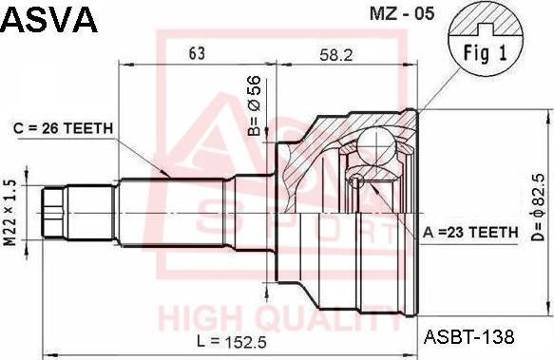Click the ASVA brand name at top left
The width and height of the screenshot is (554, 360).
point(49,20)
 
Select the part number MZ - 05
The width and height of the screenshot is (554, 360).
point(402,14)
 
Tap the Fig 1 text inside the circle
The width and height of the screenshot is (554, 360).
point(485,53)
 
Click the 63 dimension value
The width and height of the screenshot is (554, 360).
point(197,53)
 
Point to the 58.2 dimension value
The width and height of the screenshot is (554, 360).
point(336,55)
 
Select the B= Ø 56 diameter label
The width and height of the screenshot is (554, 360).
point(255,105)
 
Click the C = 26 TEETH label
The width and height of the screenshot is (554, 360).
point(64,128)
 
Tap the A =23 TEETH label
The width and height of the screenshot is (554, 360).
point(470,232)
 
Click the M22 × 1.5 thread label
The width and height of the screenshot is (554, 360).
point(10,213)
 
